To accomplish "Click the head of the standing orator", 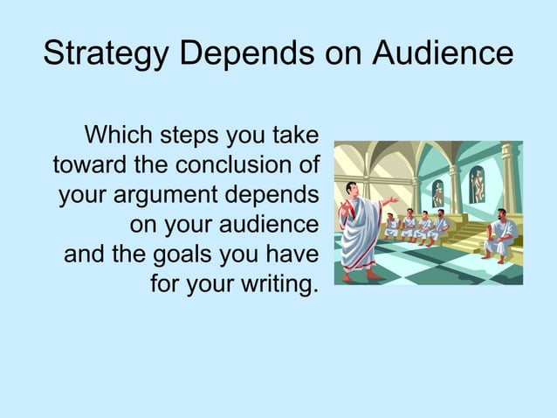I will click(x=350, y=189).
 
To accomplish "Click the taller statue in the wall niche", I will click(x=477, y=185).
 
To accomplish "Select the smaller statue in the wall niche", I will click(x=438, y=194).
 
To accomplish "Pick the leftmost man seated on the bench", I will click(x=392, y=226).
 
